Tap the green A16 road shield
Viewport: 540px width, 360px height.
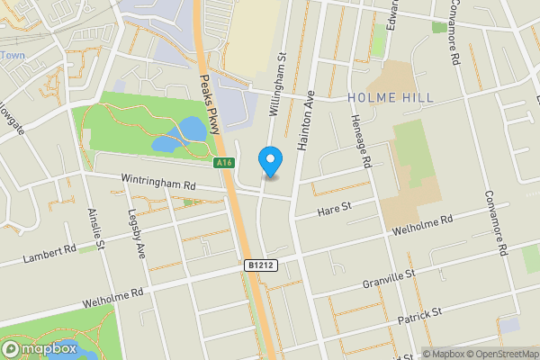point(225,163)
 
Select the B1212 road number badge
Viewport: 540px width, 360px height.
point(257,265)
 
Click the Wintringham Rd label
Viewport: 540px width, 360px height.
point(159,184)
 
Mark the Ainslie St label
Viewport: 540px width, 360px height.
point(96,230)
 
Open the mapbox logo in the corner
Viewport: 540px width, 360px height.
point(40,349)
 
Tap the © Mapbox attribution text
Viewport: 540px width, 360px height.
point(442,354)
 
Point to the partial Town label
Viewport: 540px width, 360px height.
point(13,56)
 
